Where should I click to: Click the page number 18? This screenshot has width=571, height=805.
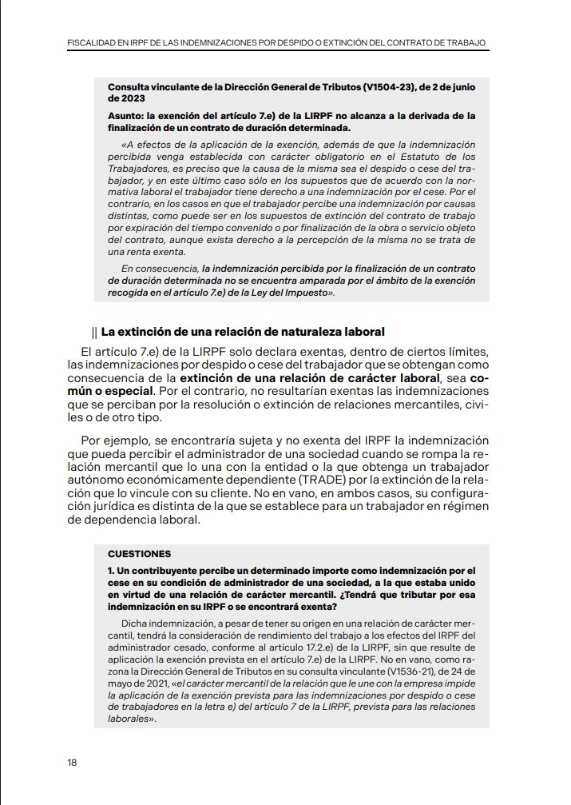[72, 762]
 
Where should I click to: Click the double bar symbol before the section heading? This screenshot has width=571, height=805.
[95, 332]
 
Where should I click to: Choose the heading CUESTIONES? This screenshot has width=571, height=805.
[139, 553]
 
